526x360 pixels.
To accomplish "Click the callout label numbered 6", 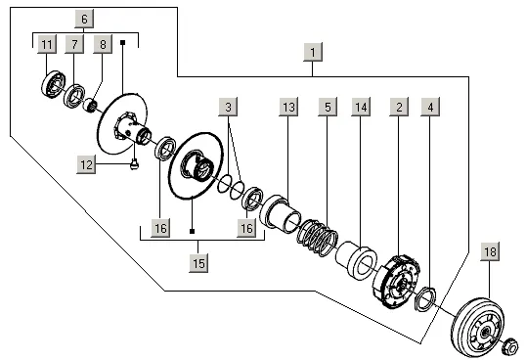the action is tap(84, 19).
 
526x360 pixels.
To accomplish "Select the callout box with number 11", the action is tap(47, 44).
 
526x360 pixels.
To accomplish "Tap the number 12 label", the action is tap(87, 164).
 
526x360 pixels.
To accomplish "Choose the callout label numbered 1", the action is tap(313, 52).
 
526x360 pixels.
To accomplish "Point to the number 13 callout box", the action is tap(288, 107).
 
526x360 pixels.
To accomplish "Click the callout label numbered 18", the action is tap(490, 251).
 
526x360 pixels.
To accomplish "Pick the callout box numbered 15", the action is tap(198, 263).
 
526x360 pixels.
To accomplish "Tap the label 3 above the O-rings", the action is tap(228, 107).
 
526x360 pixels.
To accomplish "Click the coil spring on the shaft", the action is tap(318, 238).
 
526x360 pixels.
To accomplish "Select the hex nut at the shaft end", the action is tap(509, 346).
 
